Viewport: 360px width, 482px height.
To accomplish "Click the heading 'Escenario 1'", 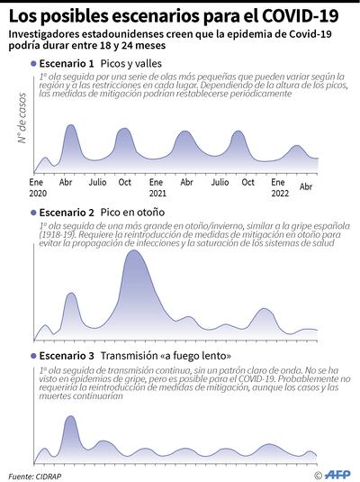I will [x=67, y=65].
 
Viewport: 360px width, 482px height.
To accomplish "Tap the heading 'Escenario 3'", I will [x=67, y=355].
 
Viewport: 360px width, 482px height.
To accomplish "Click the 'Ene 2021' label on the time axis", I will [x=157, y=187].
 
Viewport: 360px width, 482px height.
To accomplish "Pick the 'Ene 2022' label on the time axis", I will [x=279, y=187].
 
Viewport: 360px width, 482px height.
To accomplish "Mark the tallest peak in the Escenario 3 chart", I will [x=70, y=418].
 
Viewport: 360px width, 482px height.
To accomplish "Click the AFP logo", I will [x=339, y=474].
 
